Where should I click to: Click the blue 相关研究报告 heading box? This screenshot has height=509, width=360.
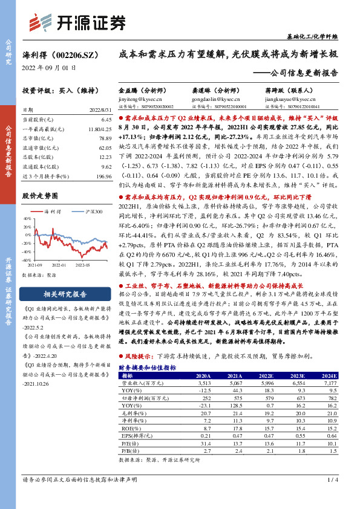pos(59,294)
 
